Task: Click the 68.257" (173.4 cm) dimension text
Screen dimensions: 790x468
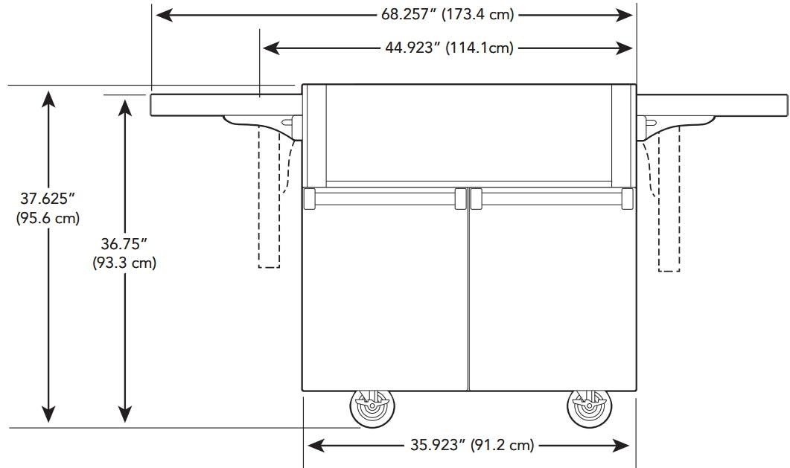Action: click(x=447, y=15)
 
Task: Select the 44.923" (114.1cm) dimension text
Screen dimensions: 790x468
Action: click(x=450, y=48)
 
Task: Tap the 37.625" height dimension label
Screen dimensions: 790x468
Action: click(x=48, y=208)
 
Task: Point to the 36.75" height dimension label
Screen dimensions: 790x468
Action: click(x=124, y=253)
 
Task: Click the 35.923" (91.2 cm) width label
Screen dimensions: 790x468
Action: click(x=472, y=445)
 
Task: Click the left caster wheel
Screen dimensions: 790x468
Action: click(x=372, y=408)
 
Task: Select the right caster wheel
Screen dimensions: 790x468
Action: click(x=590, y=408)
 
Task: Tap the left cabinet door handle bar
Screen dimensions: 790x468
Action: click(x=385, y=198)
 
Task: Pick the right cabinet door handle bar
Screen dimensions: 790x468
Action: click(x=552, y=198)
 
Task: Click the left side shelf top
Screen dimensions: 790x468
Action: click(x=226, y=105)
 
